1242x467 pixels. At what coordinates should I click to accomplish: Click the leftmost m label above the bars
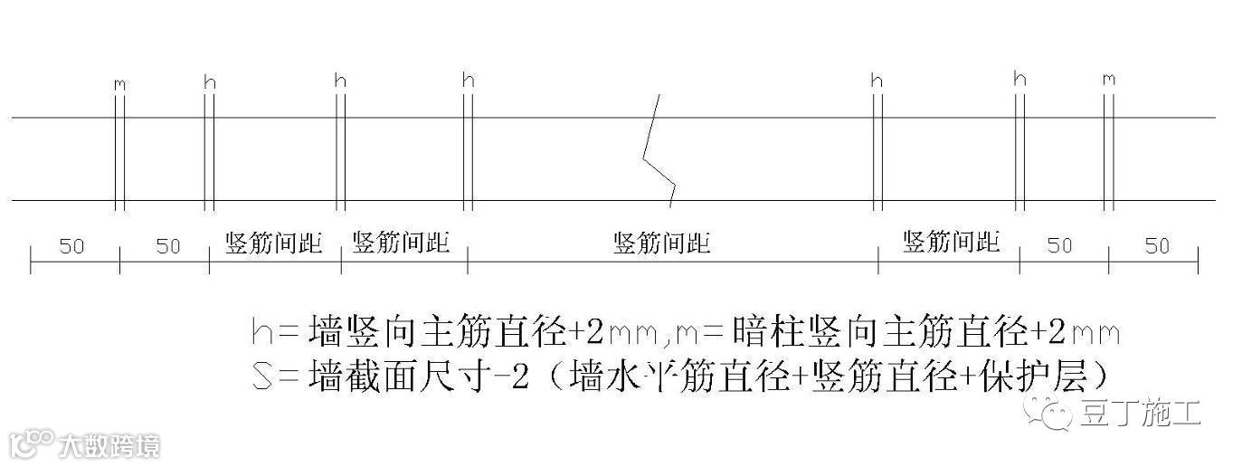click(x=119, y=83)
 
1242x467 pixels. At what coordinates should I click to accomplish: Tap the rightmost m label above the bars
click(x=1109, y=80)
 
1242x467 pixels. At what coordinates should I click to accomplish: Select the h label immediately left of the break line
click(x=468, y=80)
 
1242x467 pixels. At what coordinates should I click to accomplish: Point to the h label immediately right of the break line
click(x=876, y=81)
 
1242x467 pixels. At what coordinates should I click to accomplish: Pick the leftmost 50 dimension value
click(x=71, y=246)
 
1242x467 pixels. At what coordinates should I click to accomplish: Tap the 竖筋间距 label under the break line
click(x=661, y=243)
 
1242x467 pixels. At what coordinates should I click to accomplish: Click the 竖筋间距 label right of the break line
click(x=951, y=242)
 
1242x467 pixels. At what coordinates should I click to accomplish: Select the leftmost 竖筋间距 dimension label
click(x=273, y=243)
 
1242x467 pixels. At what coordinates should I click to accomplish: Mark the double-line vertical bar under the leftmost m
click(x=119, y=159)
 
